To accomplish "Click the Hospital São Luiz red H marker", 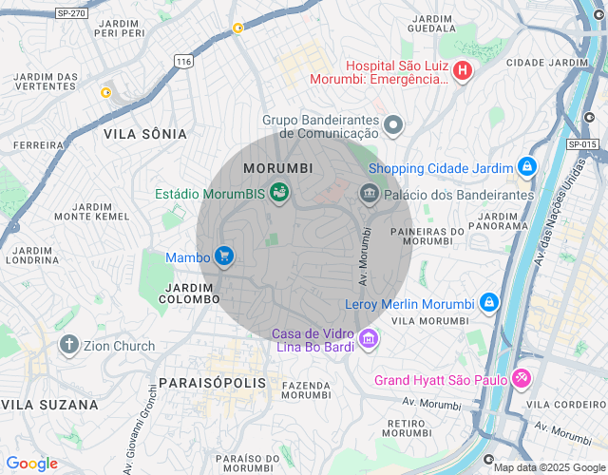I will pos(462,70).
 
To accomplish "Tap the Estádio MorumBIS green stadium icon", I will pos(279,194).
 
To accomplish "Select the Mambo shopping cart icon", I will pos(224,256).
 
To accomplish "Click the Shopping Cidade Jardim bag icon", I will pos(527,168).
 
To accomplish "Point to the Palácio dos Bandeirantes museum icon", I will pos(369,194).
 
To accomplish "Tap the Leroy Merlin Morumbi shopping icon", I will pos(488,303).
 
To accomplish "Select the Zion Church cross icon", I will pos(68,345).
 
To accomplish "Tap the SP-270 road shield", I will pos(70,13).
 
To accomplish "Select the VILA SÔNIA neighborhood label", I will pos(145,134).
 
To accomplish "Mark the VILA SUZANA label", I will pos(49,405).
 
